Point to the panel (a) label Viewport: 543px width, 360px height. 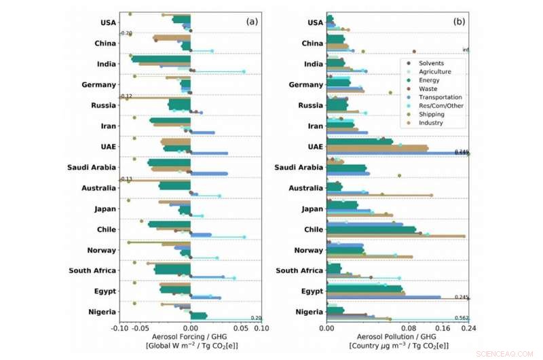(252, 21)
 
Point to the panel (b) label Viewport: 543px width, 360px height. (460, 21)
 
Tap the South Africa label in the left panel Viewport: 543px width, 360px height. (92, 270)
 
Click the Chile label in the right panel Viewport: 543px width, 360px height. (314, 230)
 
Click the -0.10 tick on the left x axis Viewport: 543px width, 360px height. (119, 328)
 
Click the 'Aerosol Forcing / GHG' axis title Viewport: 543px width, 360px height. (191, 337)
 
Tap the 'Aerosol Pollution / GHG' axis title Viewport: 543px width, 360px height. (398, 337)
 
